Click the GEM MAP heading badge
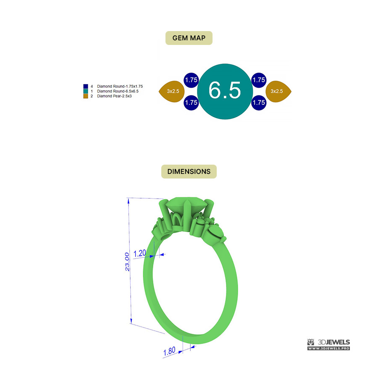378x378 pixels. point(189,38)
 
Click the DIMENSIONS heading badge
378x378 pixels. point(189,171)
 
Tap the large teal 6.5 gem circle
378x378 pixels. point(225,92)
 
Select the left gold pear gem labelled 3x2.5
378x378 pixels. point(172,92)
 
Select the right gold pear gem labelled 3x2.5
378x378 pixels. point(278,92)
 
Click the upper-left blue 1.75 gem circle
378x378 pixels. point(191,80)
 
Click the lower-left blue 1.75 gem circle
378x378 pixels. point(191,103)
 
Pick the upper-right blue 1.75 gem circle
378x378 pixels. point(259,80)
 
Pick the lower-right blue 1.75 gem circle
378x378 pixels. point(259,103)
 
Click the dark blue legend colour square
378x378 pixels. point(86,86)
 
